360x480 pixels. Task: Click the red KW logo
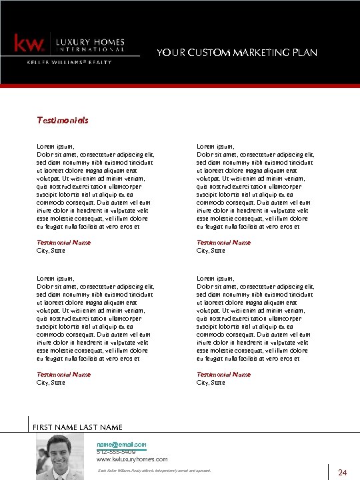coord(30,44)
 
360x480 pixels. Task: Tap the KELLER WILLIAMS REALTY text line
coord(69,62)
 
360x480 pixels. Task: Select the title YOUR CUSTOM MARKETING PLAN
coord(237,52)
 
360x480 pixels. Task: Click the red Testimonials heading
coord(62,121)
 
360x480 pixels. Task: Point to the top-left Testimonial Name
coord(63,243)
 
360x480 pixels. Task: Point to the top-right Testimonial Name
coord(223,243)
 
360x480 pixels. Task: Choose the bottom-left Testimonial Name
coord(63,375)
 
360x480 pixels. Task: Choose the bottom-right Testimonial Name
coord(223,375)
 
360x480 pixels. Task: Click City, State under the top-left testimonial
coord(51,251)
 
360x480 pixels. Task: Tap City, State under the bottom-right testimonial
coord(211,383)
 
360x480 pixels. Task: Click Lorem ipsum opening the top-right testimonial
coord(215,146)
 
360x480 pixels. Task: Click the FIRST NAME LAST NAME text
coord(78,427)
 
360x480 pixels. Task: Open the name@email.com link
coord(121,444)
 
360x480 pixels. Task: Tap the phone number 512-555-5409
coord(116,452)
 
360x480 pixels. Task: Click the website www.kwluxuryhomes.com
coord(132,459)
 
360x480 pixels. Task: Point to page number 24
coord(343,473)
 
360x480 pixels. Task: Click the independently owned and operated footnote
coord(154,471)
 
